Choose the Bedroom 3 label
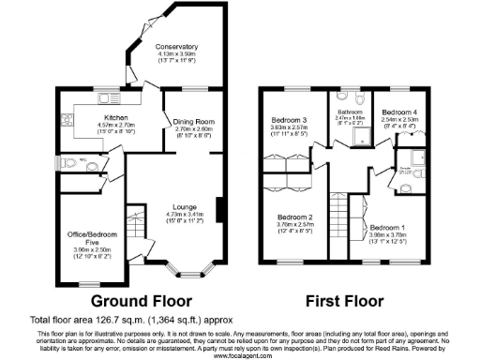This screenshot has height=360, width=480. coord(290,120)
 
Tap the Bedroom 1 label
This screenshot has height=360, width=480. coord(386,228)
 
